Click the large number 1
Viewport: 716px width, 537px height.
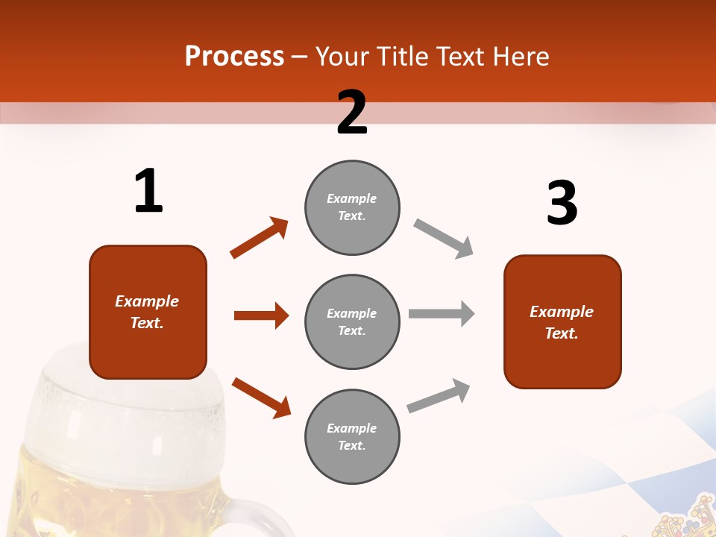pos(148,191)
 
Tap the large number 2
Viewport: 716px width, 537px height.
pos(352,113)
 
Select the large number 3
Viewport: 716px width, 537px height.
pos(562,203)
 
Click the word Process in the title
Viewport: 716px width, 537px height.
pos(234,56)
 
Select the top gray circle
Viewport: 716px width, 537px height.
pos(352,207)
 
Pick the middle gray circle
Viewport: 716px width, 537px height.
pos(352,321)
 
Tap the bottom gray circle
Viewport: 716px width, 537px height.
pos(352,436)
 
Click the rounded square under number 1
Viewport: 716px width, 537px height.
pos(148,312)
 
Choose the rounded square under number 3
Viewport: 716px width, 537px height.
pos(562,321)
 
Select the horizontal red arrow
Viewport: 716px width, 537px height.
pos(261,315)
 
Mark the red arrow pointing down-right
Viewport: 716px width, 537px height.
pos(261,397)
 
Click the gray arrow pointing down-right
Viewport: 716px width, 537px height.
pos(444,239)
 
